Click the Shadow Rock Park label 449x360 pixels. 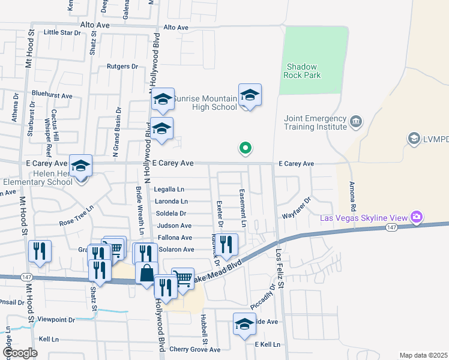click(303, 71)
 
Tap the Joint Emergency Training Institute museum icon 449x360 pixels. click(356, 122)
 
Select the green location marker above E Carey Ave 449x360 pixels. click(245, 147)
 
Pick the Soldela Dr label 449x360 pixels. click(171, 213)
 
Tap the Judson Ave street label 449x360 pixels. click(174, 226)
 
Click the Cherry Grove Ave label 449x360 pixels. click(195, 349)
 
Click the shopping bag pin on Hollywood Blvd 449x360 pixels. click(146, 274)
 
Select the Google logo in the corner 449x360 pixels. click(20, 353)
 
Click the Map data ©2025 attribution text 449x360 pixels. click(423, 355)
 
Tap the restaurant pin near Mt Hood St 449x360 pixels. click(40, 251)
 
